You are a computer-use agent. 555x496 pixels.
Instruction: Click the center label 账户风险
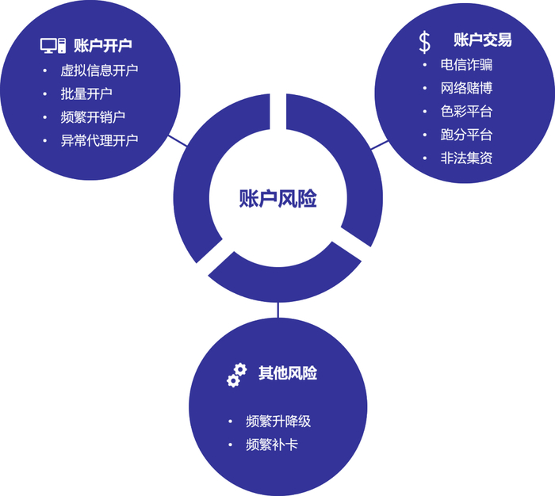click(277, 199)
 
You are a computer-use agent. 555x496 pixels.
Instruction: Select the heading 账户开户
click(102, 45)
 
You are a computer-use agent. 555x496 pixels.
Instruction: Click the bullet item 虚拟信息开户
click(99, 70)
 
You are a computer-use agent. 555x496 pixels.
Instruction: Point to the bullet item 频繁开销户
click(93, 117)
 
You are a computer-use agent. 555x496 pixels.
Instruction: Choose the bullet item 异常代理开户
click(99, 141)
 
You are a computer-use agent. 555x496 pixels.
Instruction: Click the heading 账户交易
click(482, 40)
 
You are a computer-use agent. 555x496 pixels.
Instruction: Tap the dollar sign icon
click(425, 41)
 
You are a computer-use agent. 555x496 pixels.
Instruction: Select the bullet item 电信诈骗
click(467, 65)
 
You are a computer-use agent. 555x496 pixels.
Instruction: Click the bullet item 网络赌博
click(467, 88)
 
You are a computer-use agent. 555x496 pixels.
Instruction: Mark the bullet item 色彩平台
click(467, 111)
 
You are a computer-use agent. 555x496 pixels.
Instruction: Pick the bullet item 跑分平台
click(467, 134)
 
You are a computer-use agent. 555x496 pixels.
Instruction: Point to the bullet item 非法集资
click(467, 158)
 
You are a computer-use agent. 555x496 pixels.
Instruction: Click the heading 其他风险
click(288, 373)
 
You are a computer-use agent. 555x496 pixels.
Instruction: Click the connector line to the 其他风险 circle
click(277, 310)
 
